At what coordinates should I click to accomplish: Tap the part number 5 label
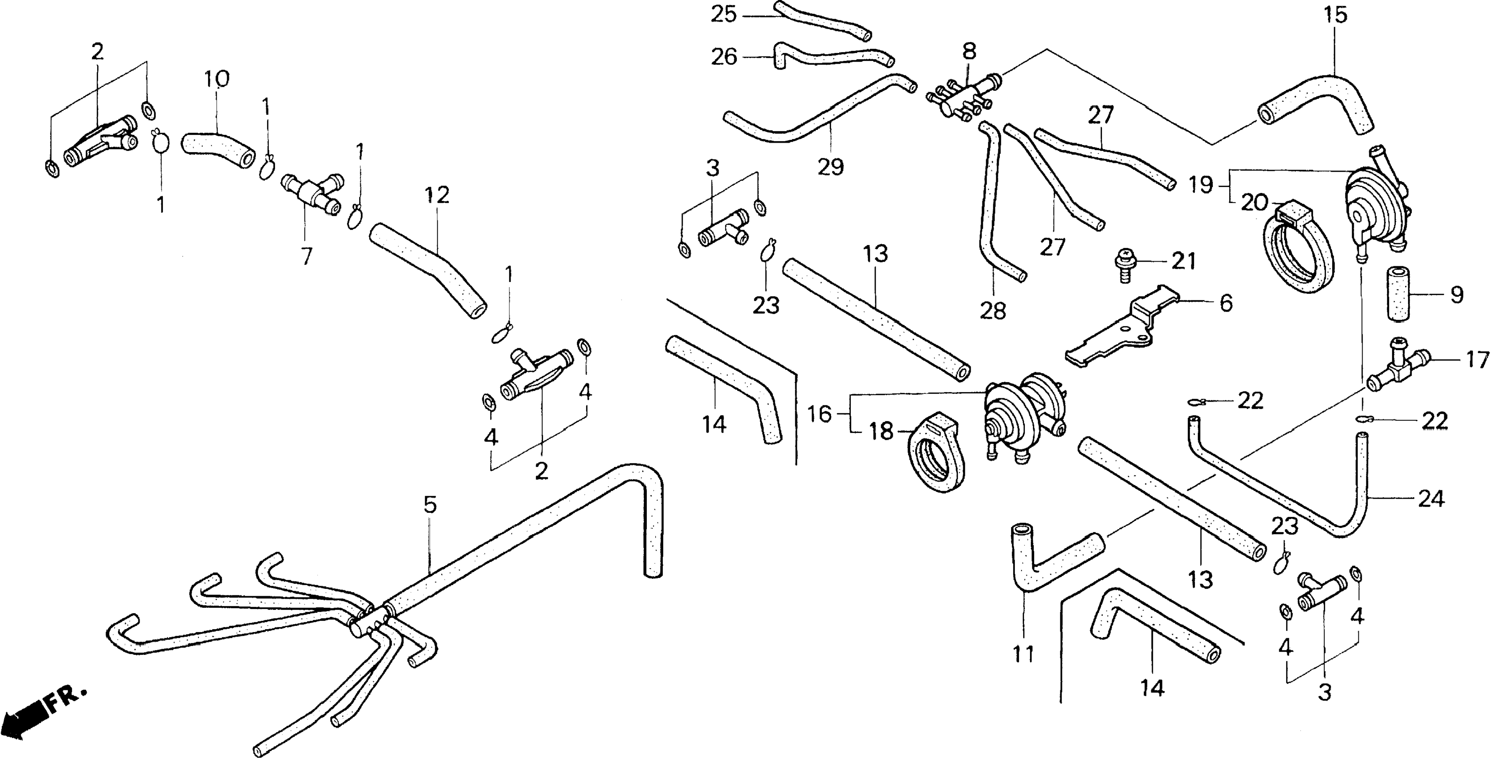pos(429,505)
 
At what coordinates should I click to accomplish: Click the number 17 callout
pos(1477,360)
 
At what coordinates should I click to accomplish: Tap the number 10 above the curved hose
pos(217,78)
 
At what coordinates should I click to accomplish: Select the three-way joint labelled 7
pos(311,195)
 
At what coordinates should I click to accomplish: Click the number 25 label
pos(724,14)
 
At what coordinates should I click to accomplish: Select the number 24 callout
pos(1431,499)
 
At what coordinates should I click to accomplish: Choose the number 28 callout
pos(993,311)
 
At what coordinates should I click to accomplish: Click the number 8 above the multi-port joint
pos(969,51)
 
